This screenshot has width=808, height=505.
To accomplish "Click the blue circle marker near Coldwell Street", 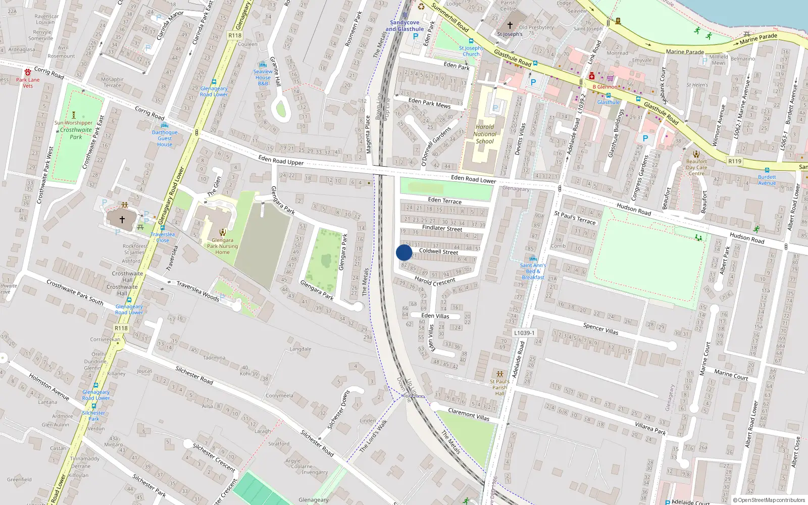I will pyautogui.click(x=404, y=252).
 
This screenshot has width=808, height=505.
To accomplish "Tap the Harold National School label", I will pyautogui.click(x=485, y=134).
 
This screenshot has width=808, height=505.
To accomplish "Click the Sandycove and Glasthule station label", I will pyautogui.click(x=405, y=26).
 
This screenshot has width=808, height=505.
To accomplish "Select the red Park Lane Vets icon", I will pyautogui.click(x=28, y=72).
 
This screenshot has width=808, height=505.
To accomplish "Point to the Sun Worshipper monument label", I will pyautogui.click(x=74, y=123).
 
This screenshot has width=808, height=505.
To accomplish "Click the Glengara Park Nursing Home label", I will pyautogui.click(x=222, y=246).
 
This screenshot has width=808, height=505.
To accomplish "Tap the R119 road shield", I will pyautogui.click(x=735, y=161).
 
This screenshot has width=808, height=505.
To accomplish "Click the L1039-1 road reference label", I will pyautogui.click(x=524, y=333).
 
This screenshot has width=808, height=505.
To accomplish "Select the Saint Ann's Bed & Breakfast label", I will pyautogui.click(x=533, y=271).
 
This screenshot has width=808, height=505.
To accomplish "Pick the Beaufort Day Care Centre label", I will pyautogui.click(x=696, y=168).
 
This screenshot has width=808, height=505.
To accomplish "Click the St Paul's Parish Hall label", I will pyautogui.click(x=499, y=387).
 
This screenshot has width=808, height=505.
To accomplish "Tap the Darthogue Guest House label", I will pyautogui.click(x=165, y=138).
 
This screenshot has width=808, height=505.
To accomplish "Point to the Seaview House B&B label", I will pyautogui.click(x=263, y=77).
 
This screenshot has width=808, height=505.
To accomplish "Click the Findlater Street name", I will pyautogui.click(x=442, y=228).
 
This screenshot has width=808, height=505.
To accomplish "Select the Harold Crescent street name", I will pyautogui.click(x=435, y=281).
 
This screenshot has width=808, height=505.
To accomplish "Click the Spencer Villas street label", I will pyautogui.click(x=600, y=329).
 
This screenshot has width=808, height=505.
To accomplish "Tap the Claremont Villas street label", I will pyautogui.click(x=469, y=415).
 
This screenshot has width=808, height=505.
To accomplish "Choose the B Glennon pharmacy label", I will pyautogui.click(x=605, y=87).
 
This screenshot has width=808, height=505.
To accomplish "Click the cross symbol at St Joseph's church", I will pyautogui.click(x=510, y=25).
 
